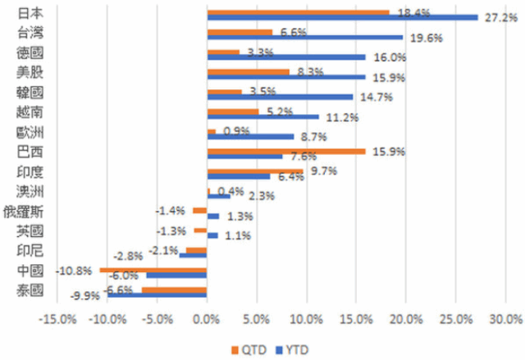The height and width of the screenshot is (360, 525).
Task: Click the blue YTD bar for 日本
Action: (x=342, y=17)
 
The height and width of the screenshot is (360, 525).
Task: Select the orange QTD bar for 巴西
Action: (x=286, y=151)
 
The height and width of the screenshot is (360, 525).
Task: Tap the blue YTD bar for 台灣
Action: (x=304, y=37)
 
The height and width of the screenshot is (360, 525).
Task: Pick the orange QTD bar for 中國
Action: (x=153, y=269)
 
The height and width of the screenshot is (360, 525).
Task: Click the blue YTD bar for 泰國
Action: (x=157, y=296)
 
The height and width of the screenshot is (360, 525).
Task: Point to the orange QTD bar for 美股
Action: (x=249, y=72)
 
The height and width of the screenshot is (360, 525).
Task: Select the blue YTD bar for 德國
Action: (x=286, y=57)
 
